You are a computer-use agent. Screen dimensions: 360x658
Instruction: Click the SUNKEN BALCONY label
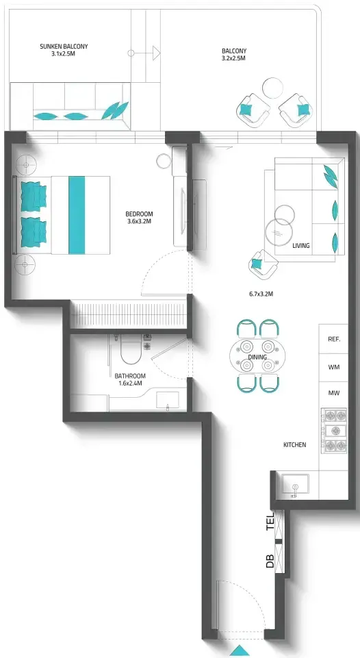[64, 47]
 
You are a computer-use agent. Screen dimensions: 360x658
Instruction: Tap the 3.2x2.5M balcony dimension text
[233, 59]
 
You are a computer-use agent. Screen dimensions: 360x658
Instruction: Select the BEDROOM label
[140, 214]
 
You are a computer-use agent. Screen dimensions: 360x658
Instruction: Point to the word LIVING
[301, 246]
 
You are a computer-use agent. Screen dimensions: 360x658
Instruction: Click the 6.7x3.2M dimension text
[261, 294]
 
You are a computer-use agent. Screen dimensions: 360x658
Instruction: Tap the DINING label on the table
[257, 357]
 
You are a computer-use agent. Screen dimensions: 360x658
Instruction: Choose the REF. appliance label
[334, 339]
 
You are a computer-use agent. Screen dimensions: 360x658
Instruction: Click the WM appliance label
[334, 367]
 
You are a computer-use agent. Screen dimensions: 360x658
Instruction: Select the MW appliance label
[334, 394]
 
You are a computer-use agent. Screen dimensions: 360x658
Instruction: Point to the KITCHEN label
[295, 445]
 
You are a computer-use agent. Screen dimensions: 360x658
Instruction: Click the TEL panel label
[270, 522]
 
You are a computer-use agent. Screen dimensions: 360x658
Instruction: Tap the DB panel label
[270, 561]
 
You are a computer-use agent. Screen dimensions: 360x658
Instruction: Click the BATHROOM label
[130, 376]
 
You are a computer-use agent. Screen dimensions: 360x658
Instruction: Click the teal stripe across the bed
[77, 215]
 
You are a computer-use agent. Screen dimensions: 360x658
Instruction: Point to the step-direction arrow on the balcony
[144, 53]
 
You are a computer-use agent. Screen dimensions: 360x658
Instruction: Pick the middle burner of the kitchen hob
[335, 431]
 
